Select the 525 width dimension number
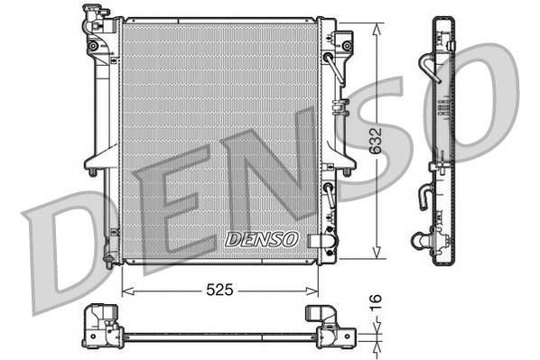pyautogui.click(x=220, y=291)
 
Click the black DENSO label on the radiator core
pyautogui.click(x=261, y=239)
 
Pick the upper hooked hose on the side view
pyautogui.click(x=430, y=69)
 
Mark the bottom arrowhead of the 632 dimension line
pyautogui.click(x=375, y=256)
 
